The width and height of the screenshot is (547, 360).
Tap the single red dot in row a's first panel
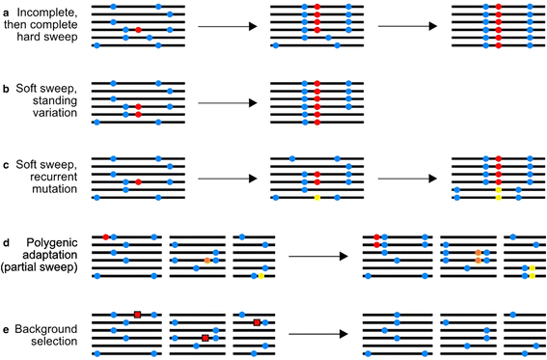click(x=139, y=30)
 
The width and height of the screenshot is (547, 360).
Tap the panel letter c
click(x=8, y=166)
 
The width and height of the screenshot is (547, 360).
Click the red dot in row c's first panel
click(x=139, y=181)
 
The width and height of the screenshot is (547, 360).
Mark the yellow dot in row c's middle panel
click(x=317, y=198)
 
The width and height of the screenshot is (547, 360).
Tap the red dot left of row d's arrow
click(x=105, y=236)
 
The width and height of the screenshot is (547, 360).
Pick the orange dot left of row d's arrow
click(x=206, y=261)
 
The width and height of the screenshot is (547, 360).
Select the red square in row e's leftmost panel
click(x=138, y=314)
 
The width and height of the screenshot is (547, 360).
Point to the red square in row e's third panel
click(x=257, y=321)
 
